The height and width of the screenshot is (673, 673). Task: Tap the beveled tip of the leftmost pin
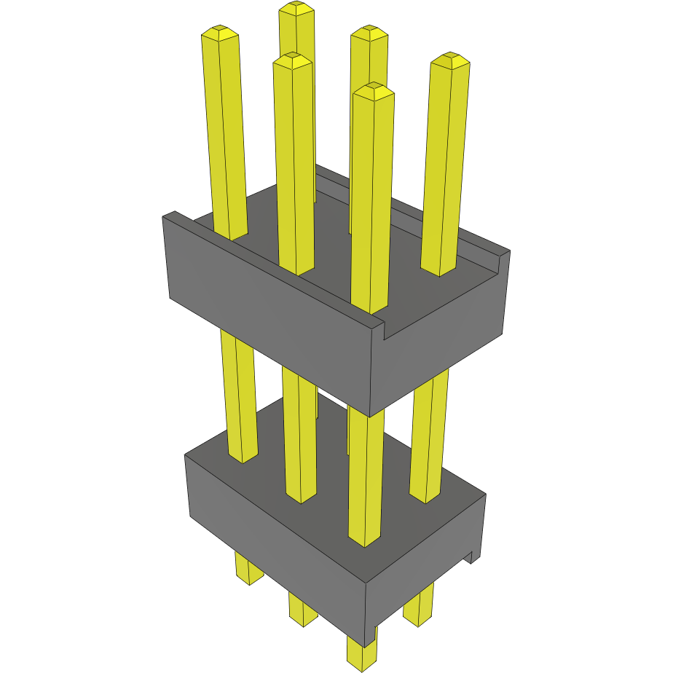coord(219,34)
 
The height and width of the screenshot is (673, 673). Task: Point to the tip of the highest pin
coord(296,9)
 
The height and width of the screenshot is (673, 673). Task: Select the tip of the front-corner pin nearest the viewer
coord(373,91)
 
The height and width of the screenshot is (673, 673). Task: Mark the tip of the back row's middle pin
coord(369,33)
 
